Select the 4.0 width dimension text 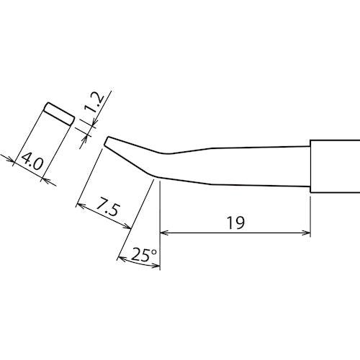pyautogui.click(x=31, y=161)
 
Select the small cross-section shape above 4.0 pyautogui.click(x=58, y=112)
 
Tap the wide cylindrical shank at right pyautogui.click(x=334, y=166)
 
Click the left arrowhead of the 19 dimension pyautogui.click(x=163, y=233)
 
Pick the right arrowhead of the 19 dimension pyautogui.click(x=307, y=233)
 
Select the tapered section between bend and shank pyautogui.click(x=238, y=166)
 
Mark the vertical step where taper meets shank pyautogui.click(x=311, y=166)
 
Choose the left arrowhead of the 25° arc pyautogui.click(x=119, y=257)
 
